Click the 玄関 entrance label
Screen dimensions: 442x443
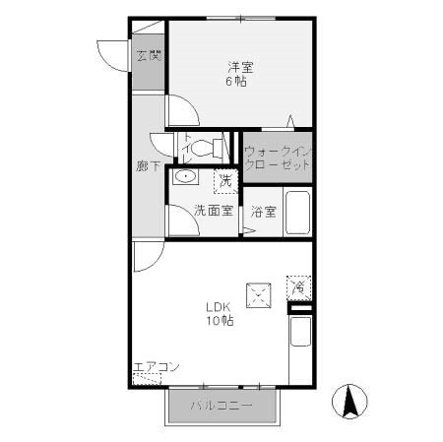point(148,56)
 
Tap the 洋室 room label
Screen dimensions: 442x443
point(241,67)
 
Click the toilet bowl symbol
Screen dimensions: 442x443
point(206,149)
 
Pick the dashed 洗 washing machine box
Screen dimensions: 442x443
point(226,180)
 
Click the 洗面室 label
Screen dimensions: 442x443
point(213,210)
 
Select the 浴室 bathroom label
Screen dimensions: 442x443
point(262,211)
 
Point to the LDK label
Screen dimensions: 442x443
point(219,306)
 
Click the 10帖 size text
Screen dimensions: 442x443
point(220,321)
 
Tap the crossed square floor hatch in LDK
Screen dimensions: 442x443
point(260,292)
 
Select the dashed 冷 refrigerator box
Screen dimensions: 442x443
point(298,286)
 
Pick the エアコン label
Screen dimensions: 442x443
point(155,367)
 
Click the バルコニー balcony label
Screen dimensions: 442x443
point(221,406)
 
